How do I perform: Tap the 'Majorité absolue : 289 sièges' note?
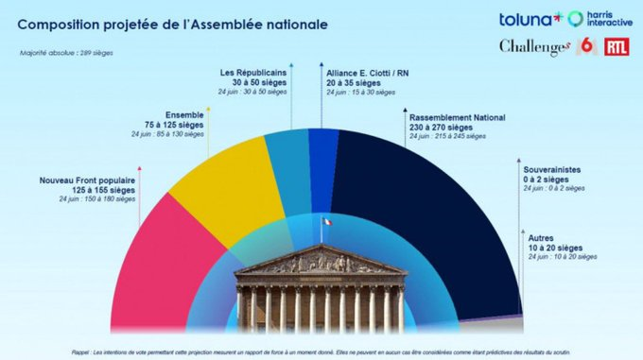tap(66, 53)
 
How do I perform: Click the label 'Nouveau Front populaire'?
tap(87, 180)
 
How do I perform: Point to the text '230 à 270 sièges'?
tap(443, 128)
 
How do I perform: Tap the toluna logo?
tap(530, 18)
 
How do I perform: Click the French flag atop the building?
tap(326, 222)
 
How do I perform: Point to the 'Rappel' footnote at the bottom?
tap(321, 351)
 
